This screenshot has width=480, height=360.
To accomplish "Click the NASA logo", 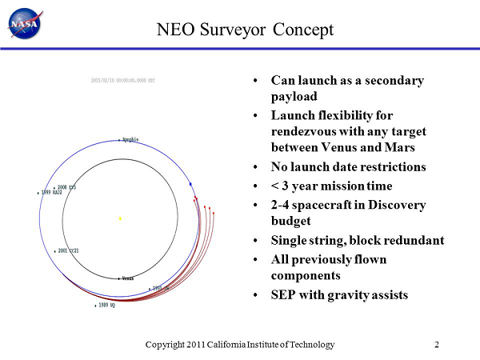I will point(25,24).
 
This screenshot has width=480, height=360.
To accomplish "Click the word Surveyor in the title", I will point(248,30).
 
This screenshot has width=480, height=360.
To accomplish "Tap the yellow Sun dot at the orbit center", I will point(120,218).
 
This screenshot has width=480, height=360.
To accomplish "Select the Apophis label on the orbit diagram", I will point(129,139).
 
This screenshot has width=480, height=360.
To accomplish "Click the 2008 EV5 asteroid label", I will point(66,187).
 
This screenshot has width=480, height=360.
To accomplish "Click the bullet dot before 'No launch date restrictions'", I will point(254,168).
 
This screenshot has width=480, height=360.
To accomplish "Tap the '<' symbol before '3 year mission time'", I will point(276,186).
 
